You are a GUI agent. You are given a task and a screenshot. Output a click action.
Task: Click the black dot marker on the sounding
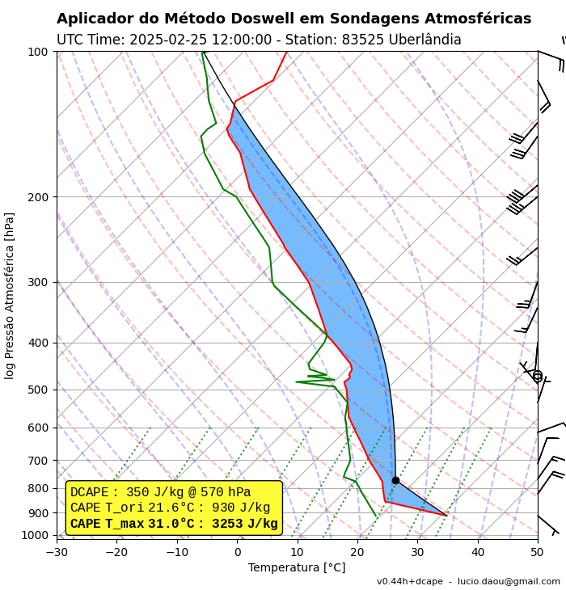[x=395, y=480]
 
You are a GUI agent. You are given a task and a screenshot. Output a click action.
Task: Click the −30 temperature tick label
[x=57, y=552]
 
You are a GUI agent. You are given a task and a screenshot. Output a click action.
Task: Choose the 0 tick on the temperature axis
[x=238, y=552]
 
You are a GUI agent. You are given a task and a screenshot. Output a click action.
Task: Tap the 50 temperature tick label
[x=538, y=552]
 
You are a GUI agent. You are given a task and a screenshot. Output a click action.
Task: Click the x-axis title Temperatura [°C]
[x=297, y=568]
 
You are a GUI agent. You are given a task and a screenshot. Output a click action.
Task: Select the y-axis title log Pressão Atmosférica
[x=10, y=295]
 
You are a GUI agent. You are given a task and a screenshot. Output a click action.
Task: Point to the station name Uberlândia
[x=426, y=40]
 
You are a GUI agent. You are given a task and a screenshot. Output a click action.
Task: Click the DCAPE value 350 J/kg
[x=155, y=492]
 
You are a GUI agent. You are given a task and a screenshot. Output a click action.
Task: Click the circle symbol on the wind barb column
[x=537, y=376]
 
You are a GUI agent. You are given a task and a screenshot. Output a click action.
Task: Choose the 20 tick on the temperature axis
[x=357, y=552]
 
